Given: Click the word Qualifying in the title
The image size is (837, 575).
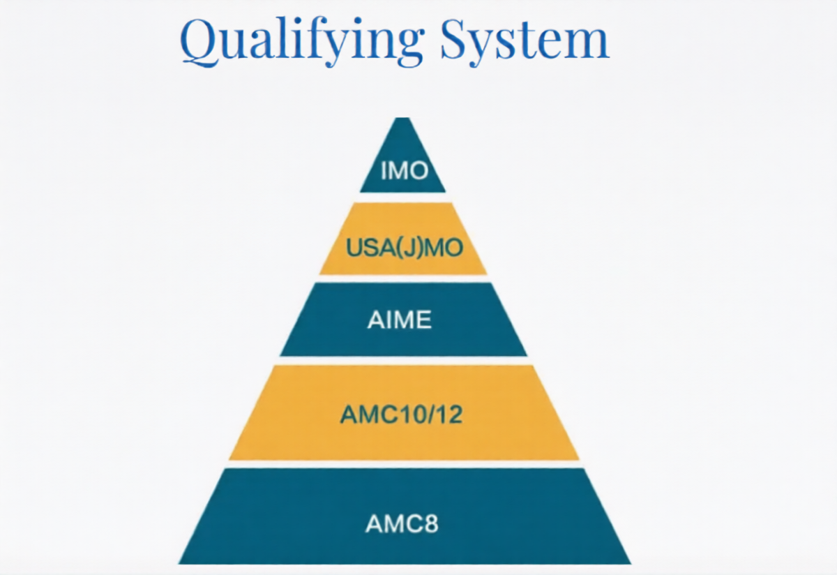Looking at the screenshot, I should point(301,40).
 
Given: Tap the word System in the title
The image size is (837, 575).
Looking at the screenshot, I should point(525,40).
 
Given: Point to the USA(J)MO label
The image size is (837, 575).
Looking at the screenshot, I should point(403,248).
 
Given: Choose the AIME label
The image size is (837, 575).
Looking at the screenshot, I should point(400,320).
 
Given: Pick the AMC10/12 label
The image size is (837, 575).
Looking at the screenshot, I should point(402,415).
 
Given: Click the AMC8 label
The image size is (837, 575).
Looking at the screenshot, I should point(402,523).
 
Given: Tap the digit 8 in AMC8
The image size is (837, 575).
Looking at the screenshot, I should point(432,523).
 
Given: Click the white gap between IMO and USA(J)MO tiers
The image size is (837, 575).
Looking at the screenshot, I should point(402,197).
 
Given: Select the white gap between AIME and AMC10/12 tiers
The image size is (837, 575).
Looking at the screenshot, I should point(402,360).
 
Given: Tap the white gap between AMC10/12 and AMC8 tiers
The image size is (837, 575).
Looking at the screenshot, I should point(402,464).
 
